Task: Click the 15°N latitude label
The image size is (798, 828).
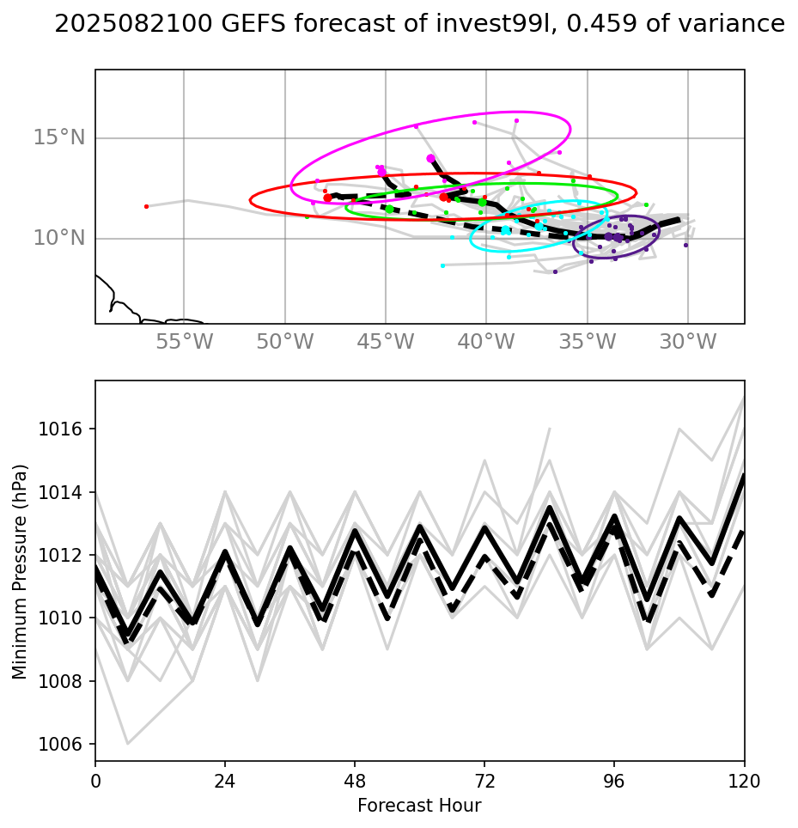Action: tap(59, 137)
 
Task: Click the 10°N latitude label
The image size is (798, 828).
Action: tap(59, 238)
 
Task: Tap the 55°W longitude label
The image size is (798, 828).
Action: tap(184, 342)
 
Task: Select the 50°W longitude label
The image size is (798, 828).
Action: tap(285, 342)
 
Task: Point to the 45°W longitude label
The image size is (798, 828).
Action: tap(386, 342)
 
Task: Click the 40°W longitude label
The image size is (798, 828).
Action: tap(486, 342)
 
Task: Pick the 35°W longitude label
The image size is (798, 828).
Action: tap(588, 342)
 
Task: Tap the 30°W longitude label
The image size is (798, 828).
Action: tap(688, 342)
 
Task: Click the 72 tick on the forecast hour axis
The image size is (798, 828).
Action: tap(484, 781)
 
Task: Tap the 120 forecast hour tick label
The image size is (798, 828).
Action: tap(744, 781)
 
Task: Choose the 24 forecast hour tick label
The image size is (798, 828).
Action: tap(225, 781)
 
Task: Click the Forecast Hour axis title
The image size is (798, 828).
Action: tap(419, 806)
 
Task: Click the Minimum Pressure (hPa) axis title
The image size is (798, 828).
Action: tap(21, 570)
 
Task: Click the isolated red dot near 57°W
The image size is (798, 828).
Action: tap(146, 206)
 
